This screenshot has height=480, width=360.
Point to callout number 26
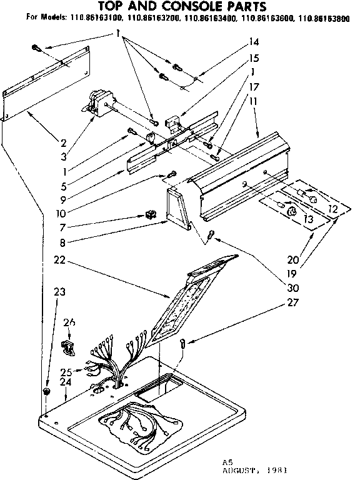click(69, 322)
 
